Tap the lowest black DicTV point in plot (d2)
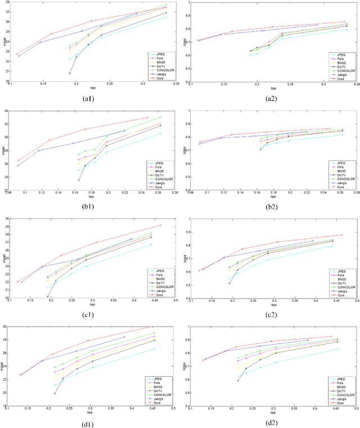[x=238, y=381]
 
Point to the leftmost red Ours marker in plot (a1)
[x=16, y=54]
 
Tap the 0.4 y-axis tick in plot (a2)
[x=187, y=81]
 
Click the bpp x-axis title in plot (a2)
[x=273, y=88]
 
